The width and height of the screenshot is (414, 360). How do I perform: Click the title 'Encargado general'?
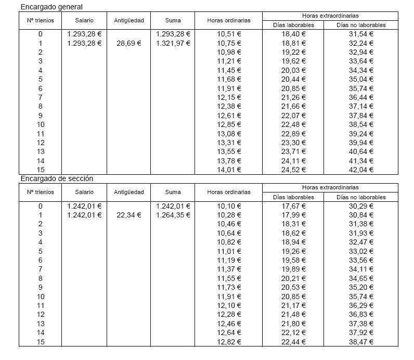point(51,7)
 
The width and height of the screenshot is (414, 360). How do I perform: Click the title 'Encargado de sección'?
point(57,178)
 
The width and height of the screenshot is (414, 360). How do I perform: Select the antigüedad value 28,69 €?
point(128,43)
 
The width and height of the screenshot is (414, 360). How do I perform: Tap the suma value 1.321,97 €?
point(173,43)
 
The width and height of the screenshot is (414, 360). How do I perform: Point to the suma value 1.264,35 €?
point(173,215)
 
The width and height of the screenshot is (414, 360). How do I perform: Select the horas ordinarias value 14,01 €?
point(229,170)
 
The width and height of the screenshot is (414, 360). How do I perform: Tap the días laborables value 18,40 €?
point(293,34)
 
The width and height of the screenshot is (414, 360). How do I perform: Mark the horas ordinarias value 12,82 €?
point(229,341)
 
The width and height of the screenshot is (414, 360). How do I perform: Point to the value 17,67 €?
point(293,206)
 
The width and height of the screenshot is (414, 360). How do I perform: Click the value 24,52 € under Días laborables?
point(293,170)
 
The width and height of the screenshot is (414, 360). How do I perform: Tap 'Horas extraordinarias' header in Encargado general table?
point(330,16)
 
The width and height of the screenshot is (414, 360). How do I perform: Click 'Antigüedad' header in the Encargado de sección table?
point(128,192)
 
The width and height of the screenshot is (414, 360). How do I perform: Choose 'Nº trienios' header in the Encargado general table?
point(40,20)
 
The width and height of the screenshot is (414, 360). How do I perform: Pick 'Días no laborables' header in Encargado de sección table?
point(361,197)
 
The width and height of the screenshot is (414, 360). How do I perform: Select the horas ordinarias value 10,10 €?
point(229,206)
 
